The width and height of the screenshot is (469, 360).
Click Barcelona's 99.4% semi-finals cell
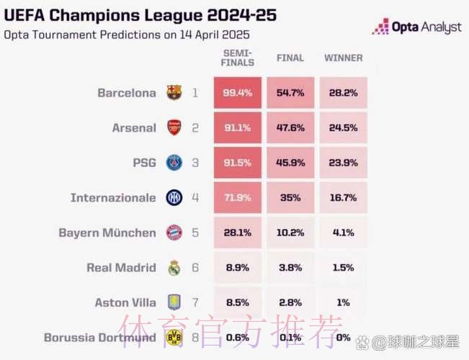point(237,93)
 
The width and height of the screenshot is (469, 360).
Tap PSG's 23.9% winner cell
point(343,163)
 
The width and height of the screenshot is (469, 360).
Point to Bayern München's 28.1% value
point(237,233)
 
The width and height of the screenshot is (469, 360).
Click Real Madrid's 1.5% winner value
point(343,268)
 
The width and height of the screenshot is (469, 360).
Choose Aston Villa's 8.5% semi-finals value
point(237,302)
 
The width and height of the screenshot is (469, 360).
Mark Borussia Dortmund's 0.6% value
point(237,337)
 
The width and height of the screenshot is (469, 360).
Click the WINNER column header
point(343,58)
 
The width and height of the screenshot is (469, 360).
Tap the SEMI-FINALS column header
point(238,58)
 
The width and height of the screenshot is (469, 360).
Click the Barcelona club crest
point(174,93)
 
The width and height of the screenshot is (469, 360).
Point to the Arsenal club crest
point(174,128)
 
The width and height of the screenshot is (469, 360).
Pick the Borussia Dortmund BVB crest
point(174,337)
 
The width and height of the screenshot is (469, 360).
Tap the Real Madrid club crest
point(174,268)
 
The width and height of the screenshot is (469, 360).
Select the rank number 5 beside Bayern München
point(195,233)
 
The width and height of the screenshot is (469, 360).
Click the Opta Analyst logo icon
point(380,27)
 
